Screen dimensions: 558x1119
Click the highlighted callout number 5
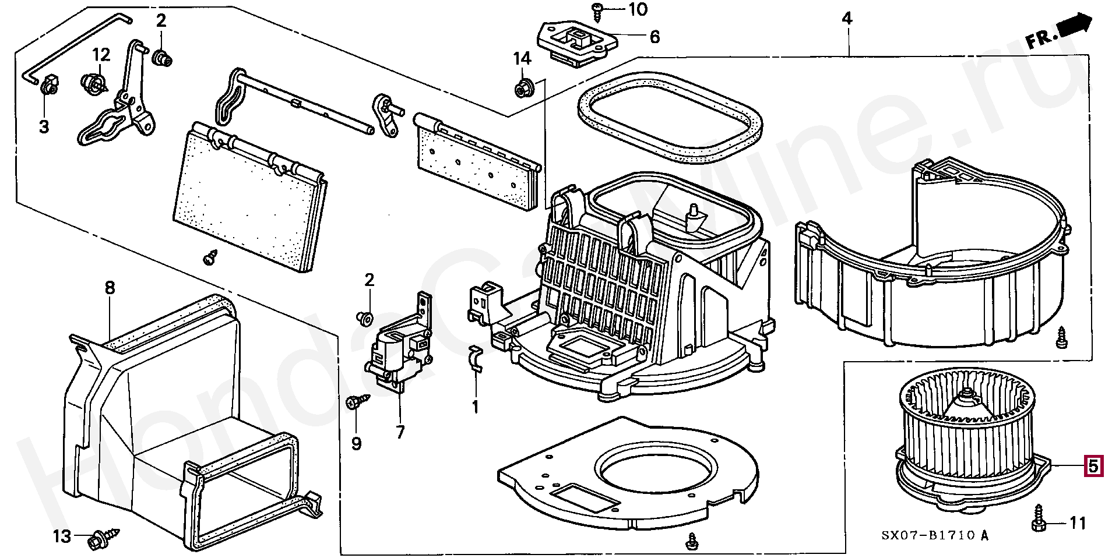(x=1093, y=466)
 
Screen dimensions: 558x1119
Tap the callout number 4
(x=847, y=19)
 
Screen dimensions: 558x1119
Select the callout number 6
(x=654, y=37)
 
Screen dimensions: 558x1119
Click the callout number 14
(x=522, y=58)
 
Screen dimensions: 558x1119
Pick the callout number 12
(x=101, y=55)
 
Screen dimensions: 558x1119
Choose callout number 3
(x=44, y=126)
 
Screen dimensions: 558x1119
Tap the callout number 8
(x=110, y=288)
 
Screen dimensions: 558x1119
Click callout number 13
(x=62, y=536)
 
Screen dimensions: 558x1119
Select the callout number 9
(x=356, y=444)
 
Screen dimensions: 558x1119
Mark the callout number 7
(x=400, y=432)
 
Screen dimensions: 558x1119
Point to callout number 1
(x=475, y=407)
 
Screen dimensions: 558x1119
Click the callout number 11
(x=1078, y=523)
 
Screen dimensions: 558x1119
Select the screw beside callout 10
(x=598, y=8)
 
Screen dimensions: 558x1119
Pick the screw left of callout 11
(x=1038, y=518)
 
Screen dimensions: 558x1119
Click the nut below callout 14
(x=522, y=89)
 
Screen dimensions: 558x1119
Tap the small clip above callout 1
(x=476, y=358)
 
